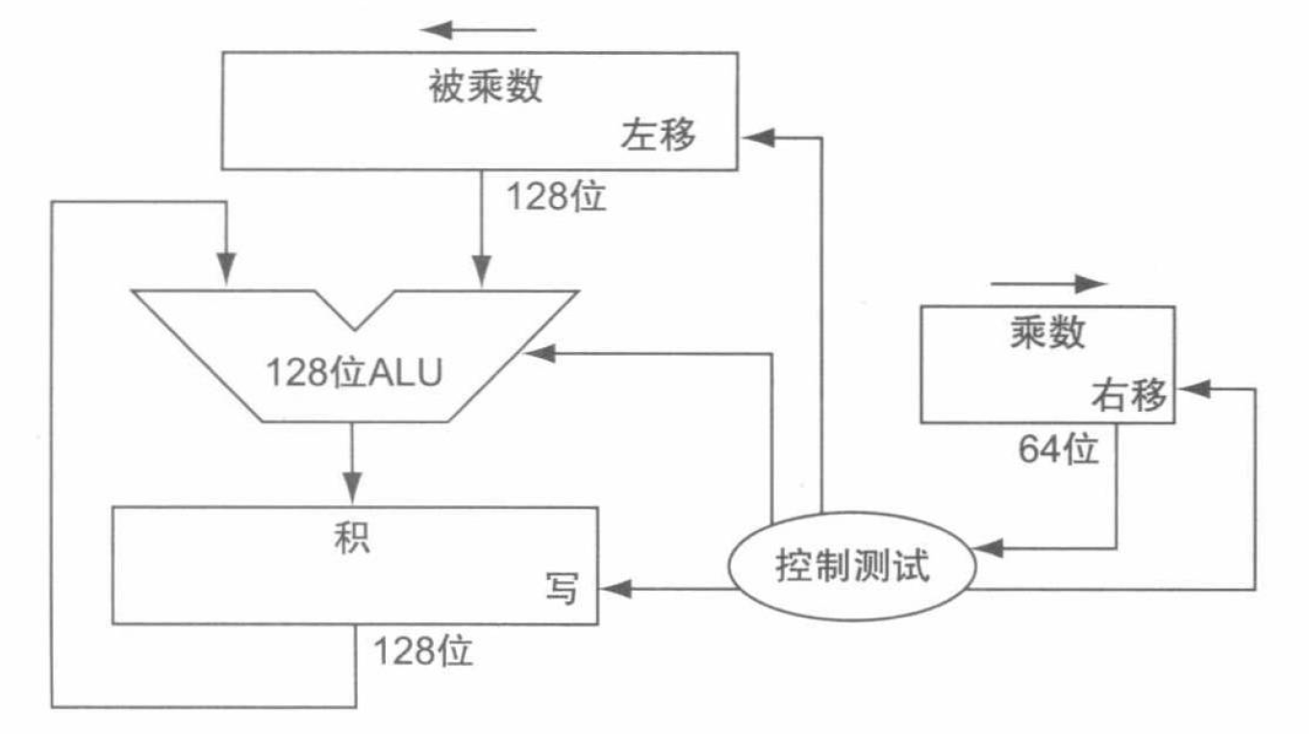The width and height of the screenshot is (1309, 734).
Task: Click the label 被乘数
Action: (485, 88)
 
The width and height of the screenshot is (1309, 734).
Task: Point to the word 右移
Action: (1128, 394)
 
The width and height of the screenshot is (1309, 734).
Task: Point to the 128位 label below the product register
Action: (423, 651)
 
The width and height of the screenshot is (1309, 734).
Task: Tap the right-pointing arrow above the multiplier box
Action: (1048, 284)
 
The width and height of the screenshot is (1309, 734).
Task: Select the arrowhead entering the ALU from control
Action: (537, 354)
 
